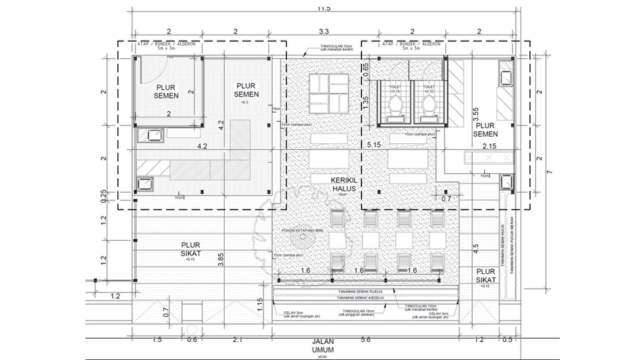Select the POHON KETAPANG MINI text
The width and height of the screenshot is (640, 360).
pyautogui.click(x=301, y=231)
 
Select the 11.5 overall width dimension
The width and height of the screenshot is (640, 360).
pyautogui.click(x=324, y=8)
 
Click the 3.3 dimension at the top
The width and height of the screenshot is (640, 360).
pyautogui.click(x=324, y=31)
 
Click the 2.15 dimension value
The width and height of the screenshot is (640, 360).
pyautogui.click(x=489, y=144)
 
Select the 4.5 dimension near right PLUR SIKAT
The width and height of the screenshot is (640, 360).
pyautogui.click(x=475, y=249)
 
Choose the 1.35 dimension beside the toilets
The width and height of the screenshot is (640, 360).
pyautogui.click(x=365, y=102)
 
